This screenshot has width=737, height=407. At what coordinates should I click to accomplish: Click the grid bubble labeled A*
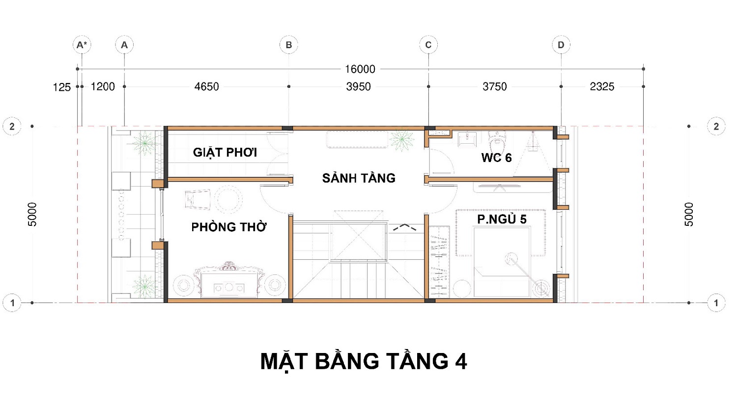point(82,45)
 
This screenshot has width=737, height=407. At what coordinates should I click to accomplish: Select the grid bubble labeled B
point(288,45)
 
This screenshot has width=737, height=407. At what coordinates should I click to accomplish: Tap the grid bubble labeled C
point(428,45)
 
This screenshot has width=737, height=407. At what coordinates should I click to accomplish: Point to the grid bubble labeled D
point(561,45)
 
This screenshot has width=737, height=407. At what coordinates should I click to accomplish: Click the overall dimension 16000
point(360,69)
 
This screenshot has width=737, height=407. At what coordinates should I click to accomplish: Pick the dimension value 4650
point(207,87)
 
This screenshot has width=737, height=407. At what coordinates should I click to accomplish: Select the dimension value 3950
point(358,87)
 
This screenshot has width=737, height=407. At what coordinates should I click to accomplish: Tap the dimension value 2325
point(602,87)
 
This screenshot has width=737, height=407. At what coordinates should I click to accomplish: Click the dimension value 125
point(62,87)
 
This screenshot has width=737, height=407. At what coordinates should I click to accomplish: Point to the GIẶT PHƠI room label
point(225,153)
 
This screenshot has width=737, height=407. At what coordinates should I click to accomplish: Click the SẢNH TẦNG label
point(359,178)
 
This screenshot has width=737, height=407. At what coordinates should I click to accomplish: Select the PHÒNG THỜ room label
point(229,227)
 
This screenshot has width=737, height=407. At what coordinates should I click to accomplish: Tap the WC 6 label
point(496,158)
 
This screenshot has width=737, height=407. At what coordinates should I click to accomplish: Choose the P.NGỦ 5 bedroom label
point(502,219)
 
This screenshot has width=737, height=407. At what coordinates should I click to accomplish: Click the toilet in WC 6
point(497,140)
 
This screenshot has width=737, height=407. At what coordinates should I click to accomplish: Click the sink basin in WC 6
point(467,139)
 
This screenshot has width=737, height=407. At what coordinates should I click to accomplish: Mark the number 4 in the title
point(461,362)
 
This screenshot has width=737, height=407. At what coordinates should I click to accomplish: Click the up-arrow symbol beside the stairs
point(405,227)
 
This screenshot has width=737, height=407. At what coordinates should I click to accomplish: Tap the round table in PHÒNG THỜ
point(228,199)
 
